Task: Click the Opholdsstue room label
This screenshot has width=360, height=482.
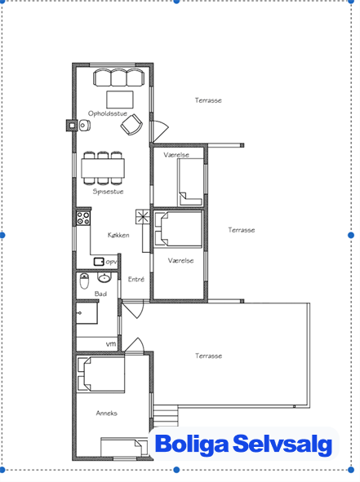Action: (108, 113)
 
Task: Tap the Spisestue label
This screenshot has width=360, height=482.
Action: (108, 192)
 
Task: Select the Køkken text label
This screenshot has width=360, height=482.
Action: (118, 235)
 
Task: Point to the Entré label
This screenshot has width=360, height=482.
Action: (136, 279)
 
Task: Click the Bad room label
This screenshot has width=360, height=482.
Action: (100, 294)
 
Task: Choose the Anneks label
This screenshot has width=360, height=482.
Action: (106, 413)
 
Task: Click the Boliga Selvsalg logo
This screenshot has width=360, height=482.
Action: (244, 444)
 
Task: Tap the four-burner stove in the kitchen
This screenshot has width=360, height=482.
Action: (83, 218)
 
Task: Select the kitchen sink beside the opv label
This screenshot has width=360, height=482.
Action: (99, 262)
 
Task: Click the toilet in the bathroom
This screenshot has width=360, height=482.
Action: (84, 281)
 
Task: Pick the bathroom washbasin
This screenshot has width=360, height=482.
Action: (104, 278)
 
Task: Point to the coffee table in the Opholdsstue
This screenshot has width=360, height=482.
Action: (120, 99)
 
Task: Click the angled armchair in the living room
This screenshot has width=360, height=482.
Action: (131, 125)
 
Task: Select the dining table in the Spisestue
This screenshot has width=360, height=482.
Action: (103, 168)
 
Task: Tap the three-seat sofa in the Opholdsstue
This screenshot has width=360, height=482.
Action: (118, 77)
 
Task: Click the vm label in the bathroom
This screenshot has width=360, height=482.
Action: (111, 344)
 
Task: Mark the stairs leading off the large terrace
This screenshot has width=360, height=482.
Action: (166, 416)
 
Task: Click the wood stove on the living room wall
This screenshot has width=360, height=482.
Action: (71, 126)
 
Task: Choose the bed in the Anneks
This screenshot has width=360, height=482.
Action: (100, 374)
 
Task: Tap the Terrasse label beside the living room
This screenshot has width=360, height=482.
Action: (208, 100)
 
